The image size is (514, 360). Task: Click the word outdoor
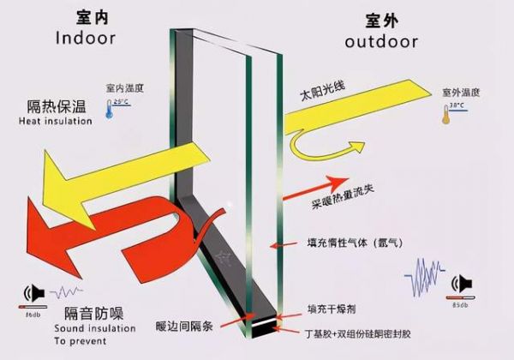tap(380, 41)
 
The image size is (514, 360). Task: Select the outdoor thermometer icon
tap(445, 113)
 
